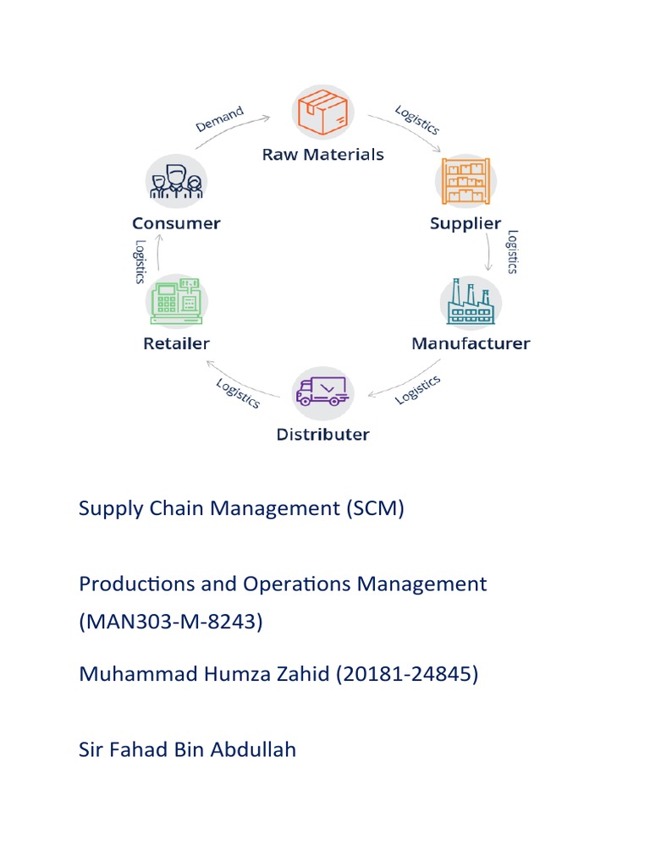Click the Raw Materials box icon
tap(322, 113)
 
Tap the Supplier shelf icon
tap(465, 181)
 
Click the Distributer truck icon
tap(322, 392)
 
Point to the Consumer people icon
tap(175, 180)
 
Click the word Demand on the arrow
tap(220, 119)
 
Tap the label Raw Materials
tap(322, 154)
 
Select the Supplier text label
tap(465, 223)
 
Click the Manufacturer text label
tap(471, 343)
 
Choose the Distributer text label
tap(322, 435)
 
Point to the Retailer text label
tap(176, 343)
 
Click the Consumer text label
tap(176, 223)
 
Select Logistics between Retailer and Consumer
tap(140, 261)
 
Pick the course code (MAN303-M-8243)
tap(171, 622)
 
